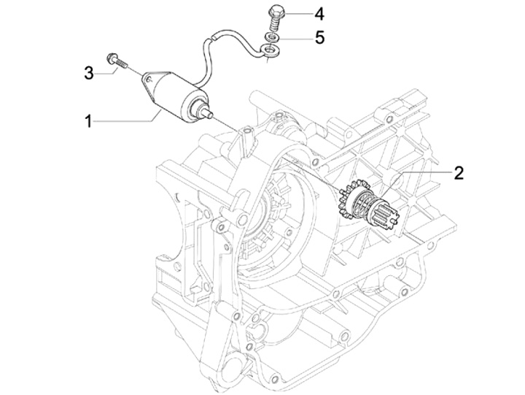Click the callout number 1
click(x=88, y=121)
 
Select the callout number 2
click(x=459, y=173)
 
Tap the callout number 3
click(x=89, y=73)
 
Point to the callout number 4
click(x=319, y=15)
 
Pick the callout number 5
click(x=319, y=37)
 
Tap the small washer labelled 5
click(x=271, y=37)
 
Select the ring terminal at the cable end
click(x=271, y=50)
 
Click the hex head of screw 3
click(x=112, y=58)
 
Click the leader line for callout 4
click(x=296, y=14)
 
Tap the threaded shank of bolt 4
click(x=274, y=23)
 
